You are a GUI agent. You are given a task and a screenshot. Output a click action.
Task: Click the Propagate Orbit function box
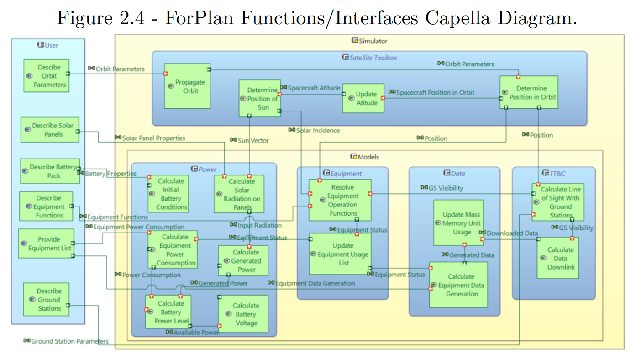187,86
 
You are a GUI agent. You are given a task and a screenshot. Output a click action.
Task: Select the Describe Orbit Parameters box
47,76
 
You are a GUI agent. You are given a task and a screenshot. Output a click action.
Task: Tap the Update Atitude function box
363,98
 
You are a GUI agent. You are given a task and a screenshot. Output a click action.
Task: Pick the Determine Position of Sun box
259,98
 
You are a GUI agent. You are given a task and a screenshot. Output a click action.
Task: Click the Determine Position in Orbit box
529,92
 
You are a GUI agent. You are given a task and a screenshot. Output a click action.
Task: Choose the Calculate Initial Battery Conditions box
168,194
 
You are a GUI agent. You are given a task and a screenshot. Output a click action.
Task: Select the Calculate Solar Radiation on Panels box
239,194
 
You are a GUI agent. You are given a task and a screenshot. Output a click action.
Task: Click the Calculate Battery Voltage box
243,314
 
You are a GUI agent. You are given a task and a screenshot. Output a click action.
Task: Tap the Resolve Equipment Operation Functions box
340,200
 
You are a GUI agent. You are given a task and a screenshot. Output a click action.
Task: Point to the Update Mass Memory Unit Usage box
458,223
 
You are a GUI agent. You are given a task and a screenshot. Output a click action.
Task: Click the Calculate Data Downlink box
557,258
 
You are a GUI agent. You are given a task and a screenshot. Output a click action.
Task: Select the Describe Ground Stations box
46,300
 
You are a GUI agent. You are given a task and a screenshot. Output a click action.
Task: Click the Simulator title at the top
373,41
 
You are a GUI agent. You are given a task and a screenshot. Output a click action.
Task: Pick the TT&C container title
554,174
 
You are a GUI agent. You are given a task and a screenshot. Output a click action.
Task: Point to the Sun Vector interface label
253,141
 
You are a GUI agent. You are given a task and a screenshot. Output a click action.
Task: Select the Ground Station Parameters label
69,341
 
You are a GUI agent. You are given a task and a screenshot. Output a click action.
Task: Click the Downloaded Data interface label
512,233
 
